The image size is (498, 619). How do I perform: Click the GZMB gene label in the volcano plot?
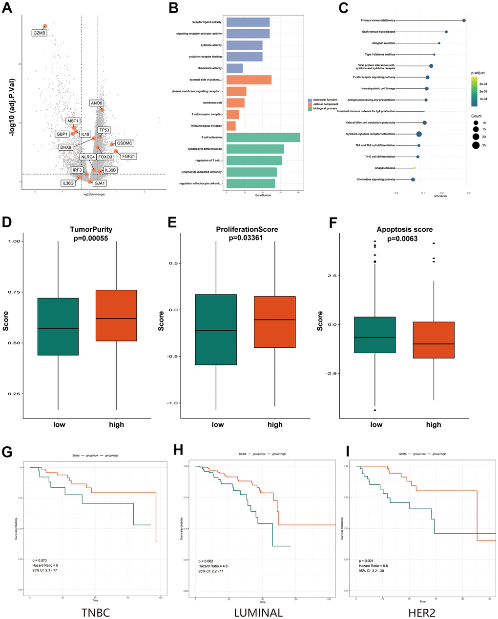tap(39, 33)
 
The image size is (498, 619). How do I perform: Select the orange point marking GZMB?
tap(45, 26)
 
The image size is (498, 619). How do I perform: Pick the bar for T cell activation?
tap(263, 138)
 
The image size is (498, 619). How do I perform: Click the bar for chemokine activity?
tap(234, 68)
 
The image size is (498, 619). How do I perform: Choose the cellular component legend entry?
tap(323, 104)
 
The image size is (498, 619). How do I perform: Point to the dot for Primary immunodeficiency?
tap(464, 20)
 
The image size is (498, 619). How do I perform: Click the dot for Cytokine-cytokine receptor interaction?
tap(419, 134)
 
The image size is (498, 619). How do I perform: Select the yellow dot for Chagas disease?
tap(415, 168)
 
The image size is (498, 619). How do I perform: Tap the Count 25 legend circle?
tap(476, 145)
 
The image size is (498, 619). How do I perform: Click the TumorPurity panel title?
tap(88, 229)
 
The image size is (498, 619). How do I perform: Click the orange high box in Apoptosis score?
tap(434, 340)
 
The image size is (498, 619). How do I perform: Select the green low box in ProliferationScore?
tap(216, 329)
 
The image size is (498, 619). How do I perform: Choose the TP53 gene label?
tap(104, 130)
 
